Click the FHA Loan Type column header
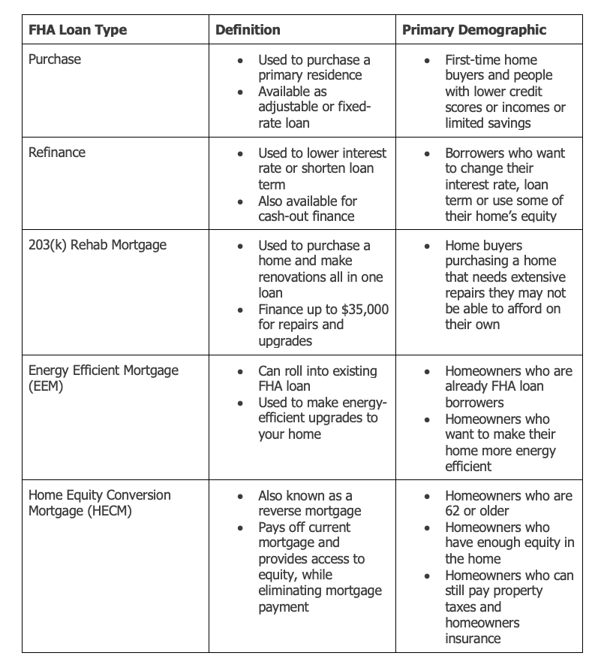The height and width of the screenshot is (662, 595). click(x=77, y=30)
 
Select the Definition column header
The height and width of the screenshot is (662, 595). click(x=248, y=30)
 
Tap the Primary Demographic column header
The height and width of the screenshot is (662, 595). click(x=474, y=30)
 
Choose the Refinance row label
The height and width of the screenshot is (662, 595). click(x=57, y=153)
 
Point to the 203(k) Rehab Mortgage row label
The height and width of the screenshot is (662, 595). click(x=98, y=245)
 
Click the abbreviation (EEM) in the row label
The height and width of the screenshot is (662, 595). click(x=47, y=386)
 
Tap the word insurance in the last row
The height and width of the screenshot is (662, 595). click(x=473, y=638)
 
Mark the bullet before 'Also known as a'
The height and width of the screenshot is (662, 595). click(x=239, y=497)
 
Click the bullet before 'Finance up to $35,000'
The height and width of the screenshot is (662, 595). click(x=239, y=310)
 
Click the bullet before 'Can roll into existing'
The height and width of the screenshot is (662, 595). click(x=239, y=372)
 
